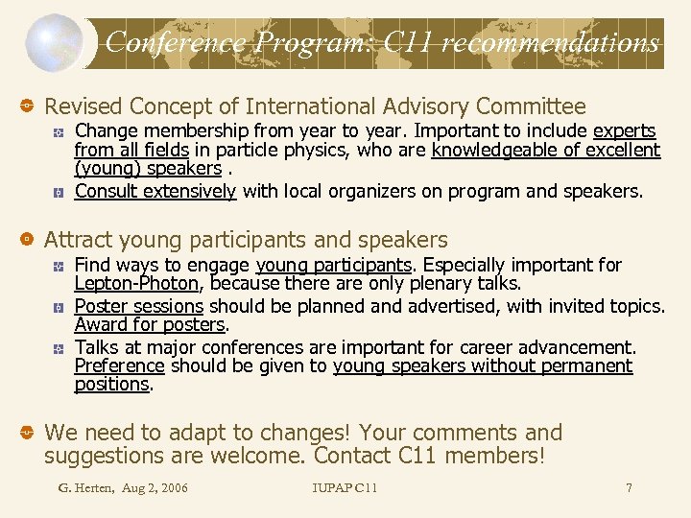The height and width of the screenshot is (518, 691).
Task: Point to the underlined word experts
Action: point(625,130)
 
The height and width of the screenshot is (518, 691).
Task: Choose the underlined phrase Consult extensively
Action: point(155,191)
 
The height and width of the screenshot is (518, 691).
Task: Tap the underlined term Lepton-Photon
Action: point(137,283)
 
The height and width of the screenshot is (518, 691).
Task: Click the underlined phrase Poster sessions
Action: point(139,306)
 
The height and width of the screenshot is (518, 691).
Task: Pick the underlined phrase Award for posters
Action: point(150,324)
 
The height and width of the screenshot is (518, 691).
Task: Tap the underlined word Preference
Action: point(120,365)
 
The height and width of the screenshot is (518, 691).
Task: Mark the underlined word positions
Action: point(111,384)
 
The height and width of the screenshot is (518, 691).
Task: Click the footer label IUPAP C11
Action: point(345,488)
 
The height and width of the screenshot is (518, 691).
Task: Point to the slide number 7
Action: point(629,488)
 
